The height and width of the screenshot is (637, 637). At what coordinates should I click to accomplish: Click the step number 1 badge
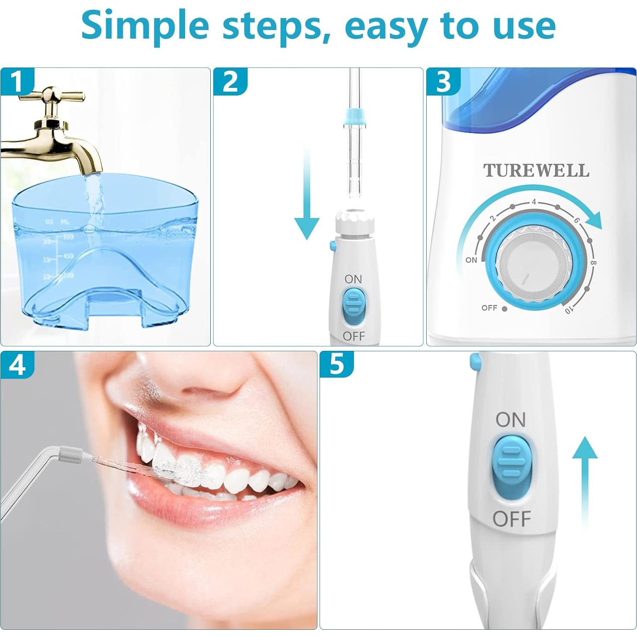pos(16,81)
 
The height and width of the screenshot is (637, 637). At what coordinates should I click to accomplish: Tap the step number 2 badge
pos(230,81)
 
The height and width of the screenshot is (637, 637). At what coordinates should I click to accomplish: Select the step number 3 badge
pos(443,81)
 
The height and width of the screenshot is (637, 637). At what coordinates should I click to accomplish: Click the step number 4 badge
pos(17,365)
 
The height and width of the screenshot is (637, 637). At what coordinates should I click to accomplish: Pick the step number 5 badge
pos(337,365)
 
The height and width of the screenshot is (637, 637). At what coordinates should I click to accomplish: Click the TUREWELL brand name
pos(536,170)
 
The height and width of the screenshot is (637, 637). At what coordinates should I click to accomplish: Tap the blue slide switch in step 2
pos(353,307)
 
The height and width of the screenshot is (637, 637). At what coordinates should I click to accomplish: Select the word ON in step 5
pos(511,420)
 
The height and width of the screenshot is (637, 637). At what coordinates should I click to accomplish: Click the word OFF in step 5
pos(511,519)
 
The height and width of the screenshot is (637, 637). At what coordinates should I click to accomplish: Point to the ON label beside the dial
pos(471,260)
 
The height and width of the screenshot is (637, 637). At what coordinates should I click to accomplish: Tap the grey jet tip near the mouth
pos(71,454)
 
